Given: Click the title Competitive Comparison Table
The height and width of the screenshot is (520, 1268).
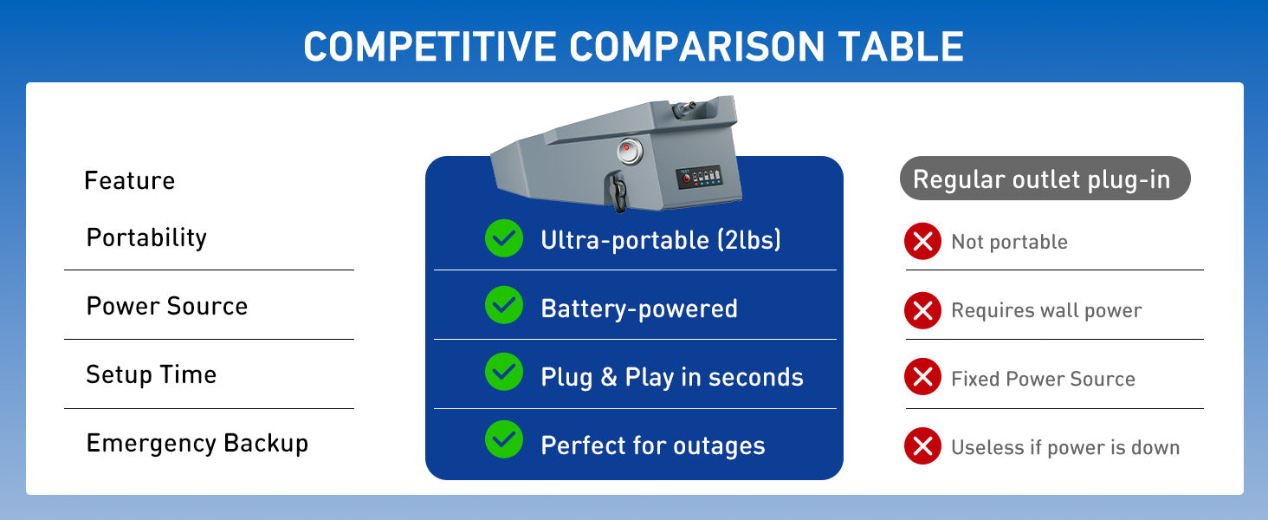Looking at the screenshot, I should pos(633,46).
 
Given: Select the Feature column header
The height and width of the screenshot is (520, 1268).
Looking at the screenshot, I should pos(129,180).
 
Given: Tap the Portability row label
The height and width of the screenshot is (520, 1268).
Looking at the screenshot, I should pos(146,237).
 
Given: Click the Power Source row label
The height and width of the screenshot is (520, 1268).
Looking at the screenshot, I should pos(166,306).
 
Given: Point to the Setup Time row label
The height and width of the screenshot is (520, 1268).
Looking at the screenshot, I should pos(151,374).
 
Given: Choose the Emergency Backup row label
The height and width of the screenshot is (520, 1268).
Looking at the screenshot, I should pos(197,443).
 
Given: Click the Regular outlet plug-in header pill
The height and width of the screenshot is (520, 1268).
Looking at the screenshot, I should pos(1045,179).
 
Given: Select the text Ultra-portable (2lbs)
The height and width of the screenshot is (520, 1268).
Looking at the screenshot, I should pos(660,240).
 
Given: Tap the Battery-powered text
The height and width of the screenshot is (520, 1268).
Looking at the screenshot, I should pos(638,309).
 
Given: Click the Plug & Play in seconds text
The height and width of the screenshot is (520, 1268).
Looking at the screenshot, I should pos(671,377).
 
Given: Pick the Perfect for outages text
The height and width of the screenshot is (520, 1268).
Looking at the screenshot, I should pos(652,445).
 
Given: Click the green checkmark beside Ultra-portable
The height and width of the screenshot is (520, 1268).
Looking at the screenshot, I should pos(503,238).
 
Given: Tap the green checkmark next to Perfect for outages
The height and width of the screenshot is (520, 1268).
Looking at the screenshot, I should pos(503,439).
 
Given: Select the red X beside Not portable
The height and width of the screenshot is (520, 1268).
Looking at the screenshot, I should pos(922,242).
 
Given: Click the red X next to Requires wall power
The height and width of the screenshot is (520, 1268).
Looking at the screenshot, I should pos(922,310).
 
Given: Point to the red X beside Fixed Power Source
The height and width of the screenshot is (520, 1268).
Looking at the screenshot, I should pos(922,378).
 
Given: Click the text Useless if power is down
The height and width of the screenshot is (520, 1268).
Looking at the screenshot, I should pos(1064,447).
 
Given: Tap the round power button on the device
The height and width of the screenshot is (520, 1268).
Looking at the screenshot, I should pos(629,151).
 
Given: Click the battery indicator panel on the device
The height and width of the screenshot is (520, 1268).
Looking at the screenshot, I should pos(699,177).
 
